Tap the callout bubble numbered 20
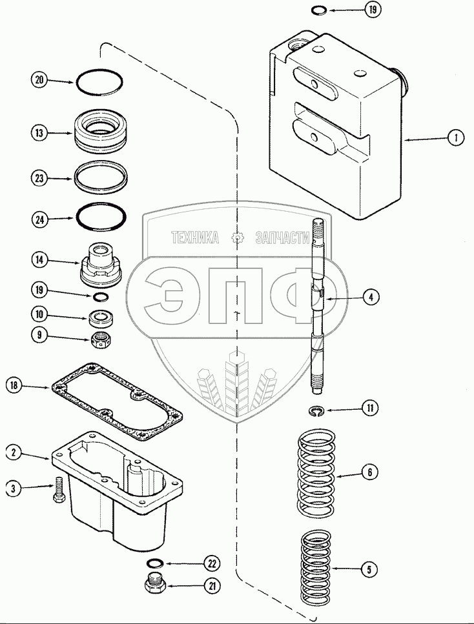point(39,80)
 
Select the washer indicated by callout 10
point(99,317)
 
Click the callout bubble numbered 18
point(15,386)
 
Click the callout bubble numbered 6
point(369,472)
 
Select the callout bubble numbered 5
point(369,569)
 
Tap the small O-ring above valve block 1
point(318,10)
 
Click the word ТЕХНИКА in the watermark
point(194,238)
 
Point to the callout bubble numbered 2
point(15,452)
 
